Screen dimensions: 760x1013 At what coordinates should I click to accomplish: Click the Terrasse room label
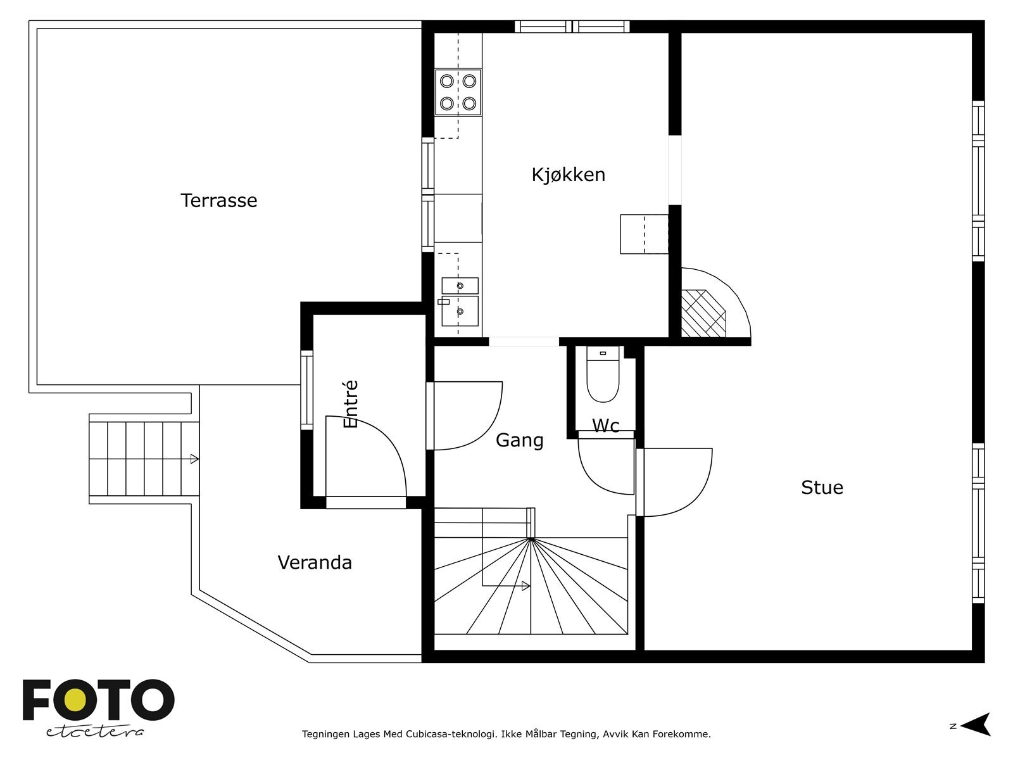click(219, 201)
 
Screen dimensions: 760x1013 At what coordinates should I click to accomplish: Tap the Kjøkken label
click(568, 175)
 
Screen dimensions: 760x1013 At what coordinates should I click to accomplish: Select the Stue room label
click(822, 488)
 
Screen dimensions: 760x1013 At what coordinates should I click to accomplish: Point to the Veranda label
click(315, 562)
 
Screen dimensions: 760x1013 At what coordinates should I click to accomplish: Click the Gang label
click(519, 440)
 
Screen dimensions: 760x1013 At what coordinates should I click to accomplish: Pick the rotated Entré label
click(351, 404)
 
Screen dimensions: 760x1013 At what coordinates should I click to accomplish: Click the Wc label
click(605, 426)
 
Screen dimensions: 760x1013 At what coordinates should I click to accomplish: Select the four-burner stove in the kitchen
click(458, 92)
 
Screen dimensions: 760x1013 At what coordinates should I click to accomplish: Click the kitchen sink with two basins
click(460, 302)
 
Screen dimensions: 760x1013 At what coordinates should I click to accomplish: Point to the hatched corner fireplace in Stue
click(703, 313)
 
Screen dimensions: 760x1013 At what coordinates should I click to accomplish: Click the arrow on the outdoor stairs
click(194, 459)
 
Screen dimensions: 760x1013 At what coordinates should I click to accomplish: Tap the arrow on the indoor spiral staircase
click(525, 586)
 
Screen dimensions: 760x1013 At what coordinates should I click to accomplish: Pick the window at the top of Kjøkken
click(572, 27)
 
